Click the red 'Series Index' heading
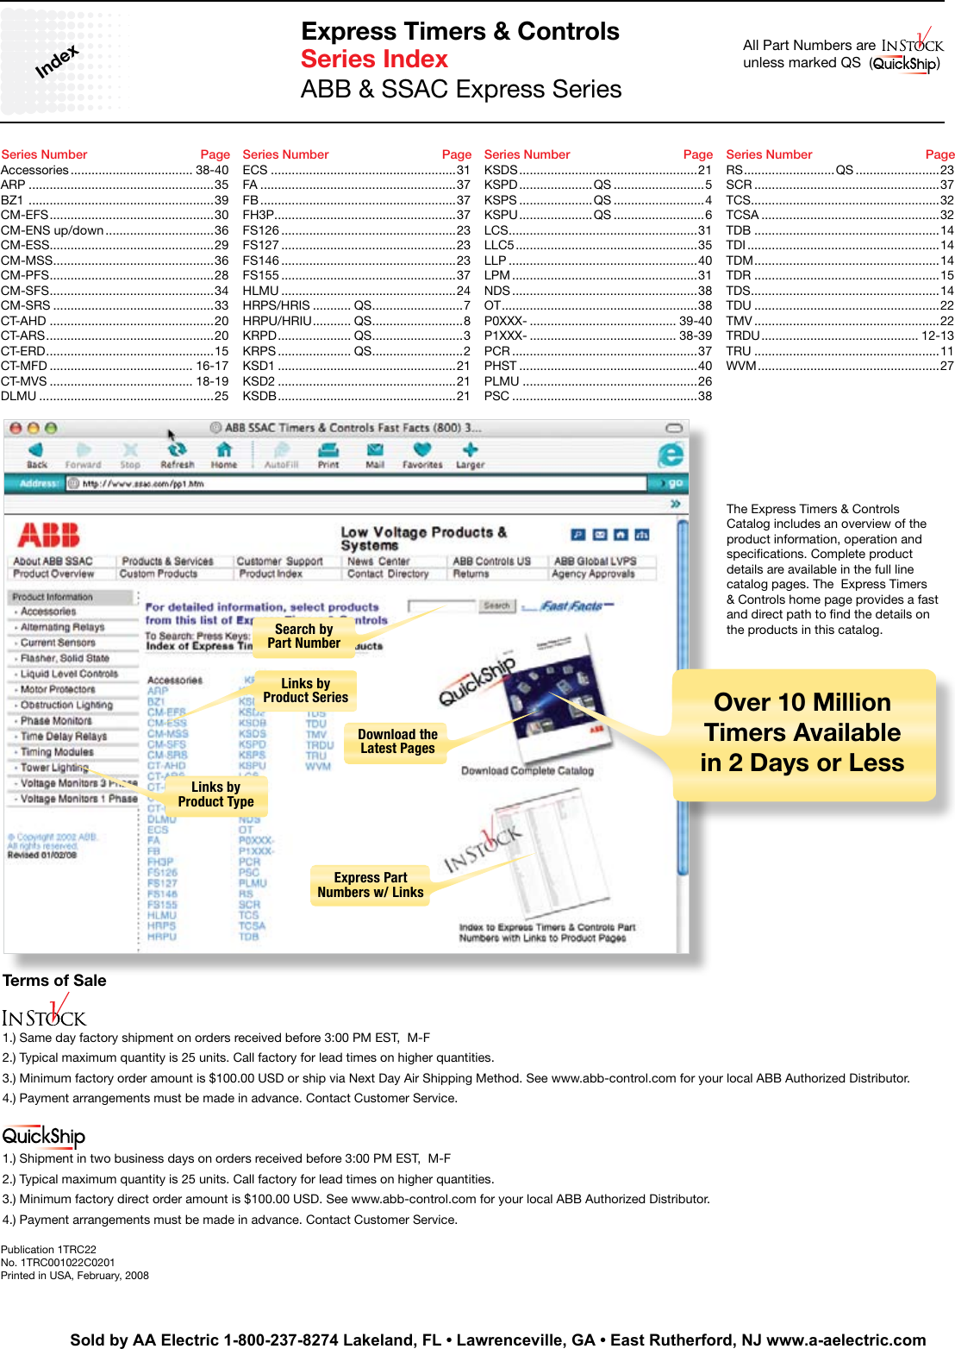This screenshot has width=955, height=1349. [374, 60]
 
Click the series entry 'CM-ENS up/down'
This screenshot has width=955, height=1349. [53, 230]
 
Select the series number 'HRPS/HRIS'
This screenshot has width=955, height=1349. [276, 305]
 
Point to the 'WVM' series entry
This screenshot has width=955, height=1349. [740, 366]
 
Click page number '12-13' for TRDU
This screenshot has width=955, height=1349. [937, 336]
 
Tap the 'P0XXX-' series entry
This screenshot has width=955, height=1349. [505, 321]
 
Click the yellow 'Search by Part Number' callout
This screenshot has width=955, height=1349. [303, 637]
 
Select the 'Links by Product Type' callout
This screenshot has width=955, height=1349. [215, 794]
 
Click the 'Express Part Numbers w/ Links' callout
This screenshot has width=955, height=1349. [371, 885]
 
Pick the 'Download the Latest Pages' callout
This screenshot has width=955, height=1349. [397, 742]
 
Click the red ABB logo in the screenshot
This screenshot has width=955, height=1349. [48, 536]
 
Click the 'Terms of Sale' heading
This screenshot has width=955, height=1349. [54, 981]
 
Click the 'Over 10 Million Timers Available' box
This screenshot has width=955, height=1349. [802, 733]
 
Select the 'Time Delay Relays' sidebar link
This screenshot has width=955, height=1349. [64, 737]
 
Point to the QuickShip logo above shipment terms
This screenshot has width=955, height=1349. [43, 1137]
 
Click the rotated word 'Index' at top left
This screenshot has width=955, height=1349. [57, 61]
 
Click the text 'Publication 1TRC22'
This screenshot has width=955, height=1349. [48, 1250]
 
